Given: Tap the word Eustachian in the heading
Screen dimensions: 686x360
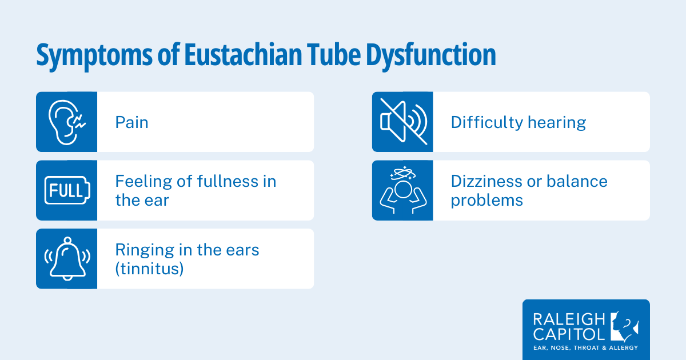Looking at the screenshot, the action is coord(243,54).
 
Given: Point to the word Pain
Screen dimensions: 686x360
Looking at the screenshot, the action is coord(131,122).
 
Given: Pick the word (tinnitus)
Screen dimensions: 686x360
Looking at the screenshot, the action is coord(149,269).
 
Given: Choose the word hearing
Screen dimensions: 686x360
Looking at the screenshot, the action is coord(557,123).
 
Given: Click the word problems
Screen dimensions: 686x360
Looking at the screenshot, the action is coord(487,201).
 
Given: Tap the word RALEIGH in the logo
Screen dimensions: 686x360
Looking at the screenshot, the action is coord(569,319).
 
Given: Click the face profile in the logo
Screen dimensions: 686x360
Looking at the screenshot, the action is coord(624,327).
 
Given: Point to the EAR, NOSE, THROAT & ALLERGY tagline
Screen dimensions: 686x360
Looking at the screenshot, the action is coord(585,348).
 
